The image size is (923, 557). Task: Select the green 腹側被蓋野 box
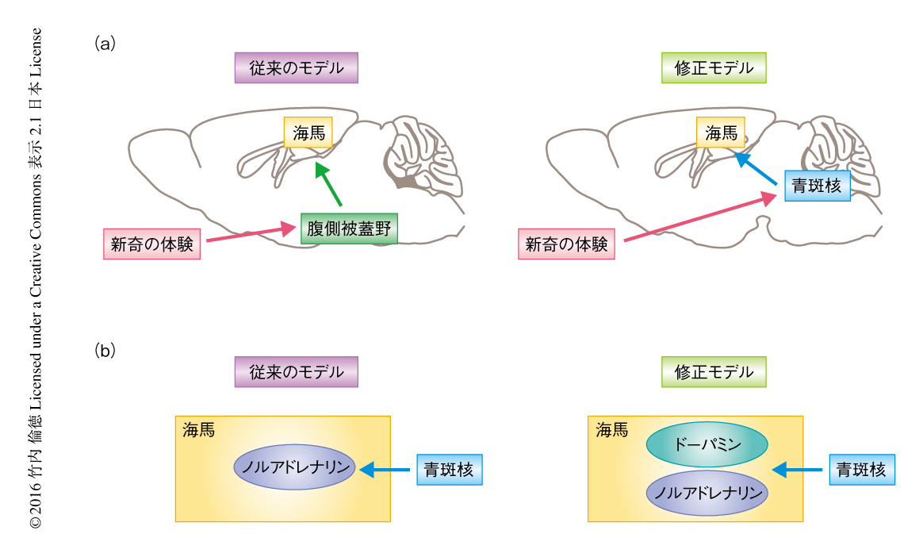(x=348, y=228)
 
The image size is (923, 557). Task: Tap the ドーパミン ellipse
(x=707, y=444)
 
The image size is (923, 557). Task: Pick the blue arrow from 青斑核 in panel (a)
(x=756, y=172)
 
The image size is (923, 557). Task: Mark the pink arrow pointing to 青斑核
(x=698, y=217)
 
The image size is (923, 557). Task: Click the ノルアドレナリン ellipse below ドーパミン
(x=707, y=494)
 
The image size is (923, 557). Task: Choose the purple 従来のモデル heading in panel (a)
(x=297, y=68)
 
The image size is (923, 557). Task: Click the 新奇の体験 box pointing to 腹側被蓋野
(x=151, y=244)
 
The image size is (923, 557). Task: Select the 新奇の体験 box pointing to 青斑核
(x=565, y=244)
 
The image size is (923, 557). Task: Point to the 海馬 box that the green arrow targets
(x=308, y=133)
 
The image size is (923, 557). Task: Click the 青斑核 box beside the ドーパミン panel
(x=862, y=470)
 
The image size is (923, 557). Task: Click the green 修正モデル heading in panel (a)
(x=714, y=68)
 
